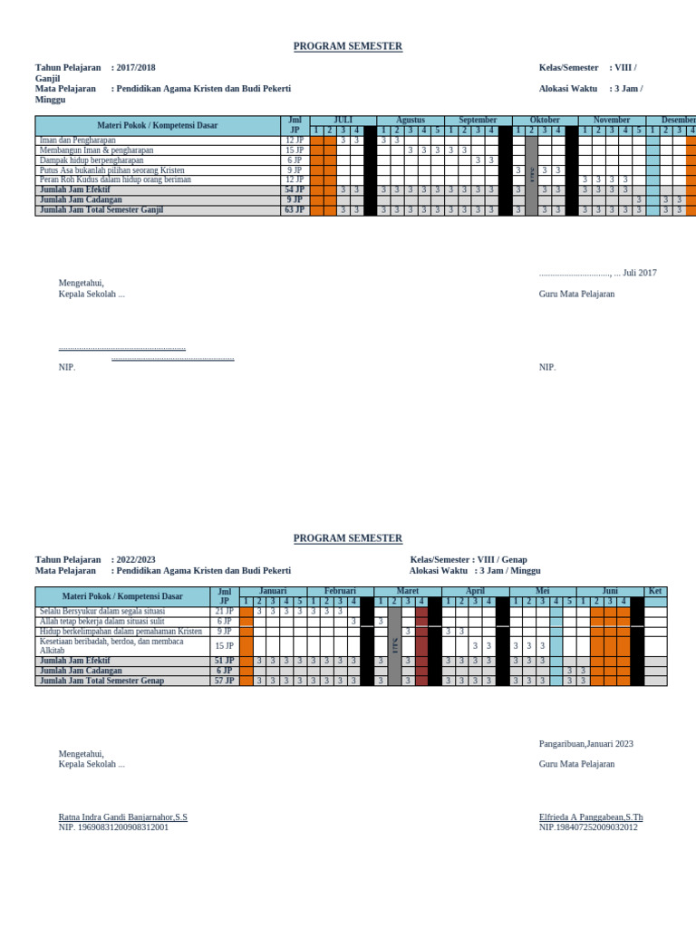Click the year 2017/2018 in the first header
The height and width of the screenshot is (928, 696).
[135, 68]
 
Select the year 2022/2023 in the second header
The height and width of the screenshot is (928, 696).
[135, 560]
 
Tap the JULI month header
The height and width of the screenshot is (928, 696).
[343, 121]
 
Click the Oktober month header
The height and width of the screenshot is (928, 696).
[545, 121]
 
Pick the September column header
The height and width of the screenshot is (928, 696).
[478, 121]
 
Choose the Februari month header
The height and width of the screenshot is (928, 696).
[340, 591]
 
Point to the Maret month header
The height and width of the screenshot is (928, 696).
[408, 591]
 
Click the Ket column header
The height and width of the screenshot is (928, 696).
[655, 591]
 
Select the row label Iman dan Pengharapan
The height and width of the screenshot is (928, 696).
[78, 140]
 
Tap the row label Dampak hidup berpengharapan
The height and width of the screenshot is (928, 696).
[92, 160]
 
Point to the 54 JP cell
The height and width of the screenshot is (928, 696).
[295, 190]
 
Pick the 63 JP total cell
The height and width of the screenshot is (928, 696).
[295, 210]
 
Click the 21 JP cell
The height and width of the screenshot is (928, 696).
[224, 612]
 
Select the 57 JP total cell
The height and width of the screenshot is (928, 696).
[224, 681]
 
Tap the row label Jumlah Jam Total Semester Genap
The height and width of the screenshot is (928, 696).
[101, 681]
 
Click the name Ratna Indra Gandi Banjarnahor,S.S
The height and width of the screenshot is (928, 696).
[123, 817]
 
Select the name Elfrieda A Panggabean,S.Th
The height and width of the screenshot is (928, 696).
[591, 817]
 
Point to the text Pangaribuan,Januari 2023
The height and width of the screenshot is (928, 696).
[586, 744]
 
